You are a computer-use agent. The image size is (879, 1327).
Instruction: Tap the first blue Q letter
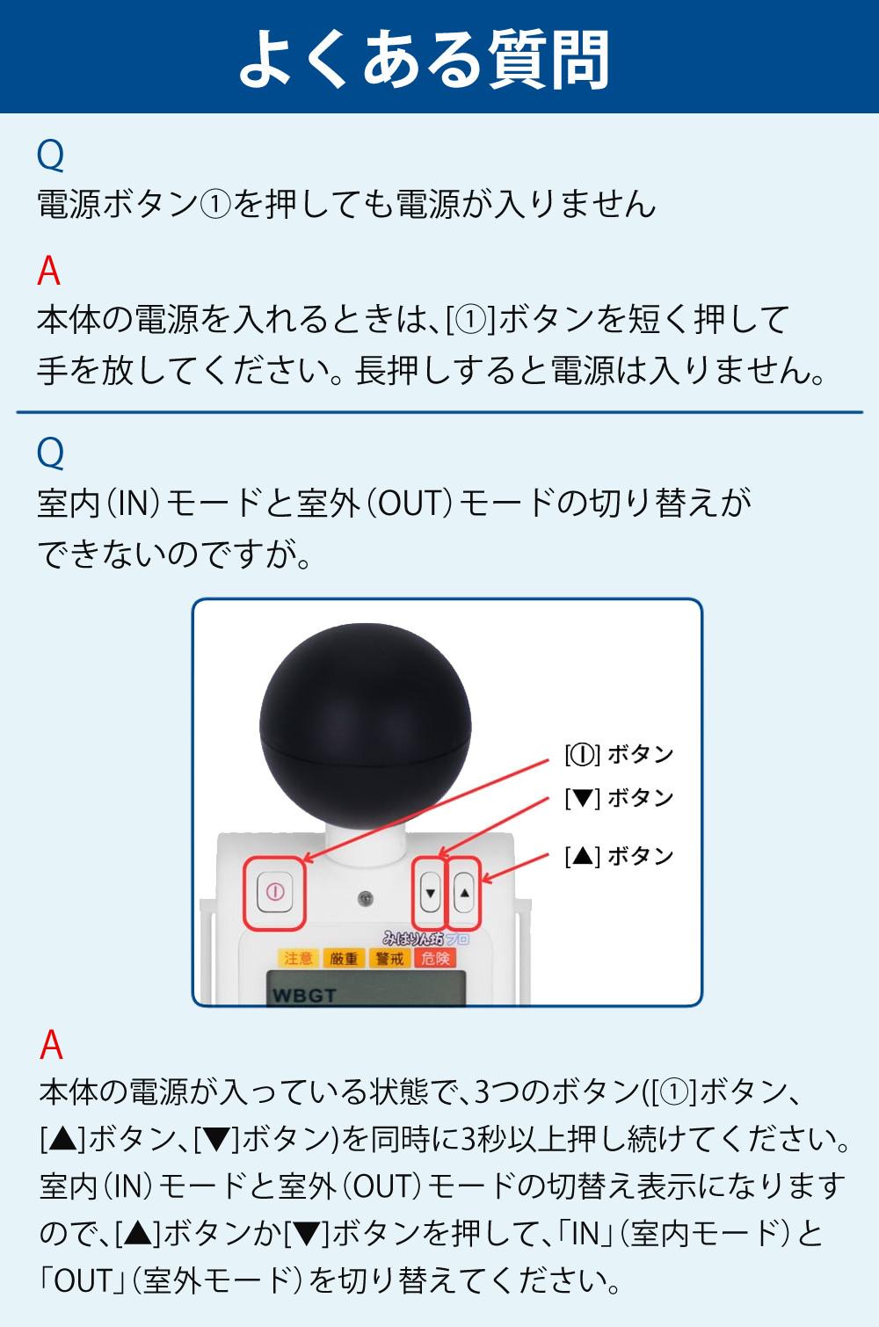(50, 156)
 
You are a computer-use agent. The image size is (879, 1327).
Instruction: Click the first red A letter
(48, 272)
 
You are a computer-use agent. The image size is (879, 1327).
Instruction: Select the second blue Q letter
(50, 454)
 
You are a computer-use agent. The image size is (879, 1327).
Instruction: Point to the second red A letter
(51, 1044)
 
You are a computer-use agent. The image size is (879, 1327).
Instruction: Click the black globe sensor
(366, 725)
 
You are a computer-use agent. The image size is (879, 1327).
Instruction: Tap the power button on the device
(275, 892)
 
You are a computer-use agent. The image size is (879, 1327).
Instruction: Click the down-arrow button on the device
(431, 892)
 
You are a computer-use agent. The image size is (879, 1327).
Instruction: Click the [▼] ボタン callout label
(620, 798)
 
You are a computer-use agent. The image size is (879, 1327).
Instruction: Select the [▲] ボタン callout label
(620, 856)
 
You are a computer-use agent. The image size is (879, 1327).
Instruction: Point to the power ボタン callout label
(620, 755)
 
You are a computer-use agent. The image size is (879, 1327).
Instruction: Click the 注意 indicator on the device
(298, 958)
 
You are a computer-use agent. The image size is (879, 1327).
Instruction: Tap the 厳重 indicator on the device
(344, 958)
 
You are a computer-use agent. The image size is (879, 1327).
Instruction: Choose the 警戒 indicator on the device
(389, 958)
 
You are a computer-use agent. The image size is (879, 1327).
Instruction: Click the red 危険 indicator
(435, 958)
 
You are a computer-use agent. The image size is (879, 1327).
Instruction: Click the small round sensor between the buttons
(366, 899)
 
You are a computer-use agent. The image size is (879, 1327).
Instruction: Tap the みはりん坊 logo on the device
(425, 938)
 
